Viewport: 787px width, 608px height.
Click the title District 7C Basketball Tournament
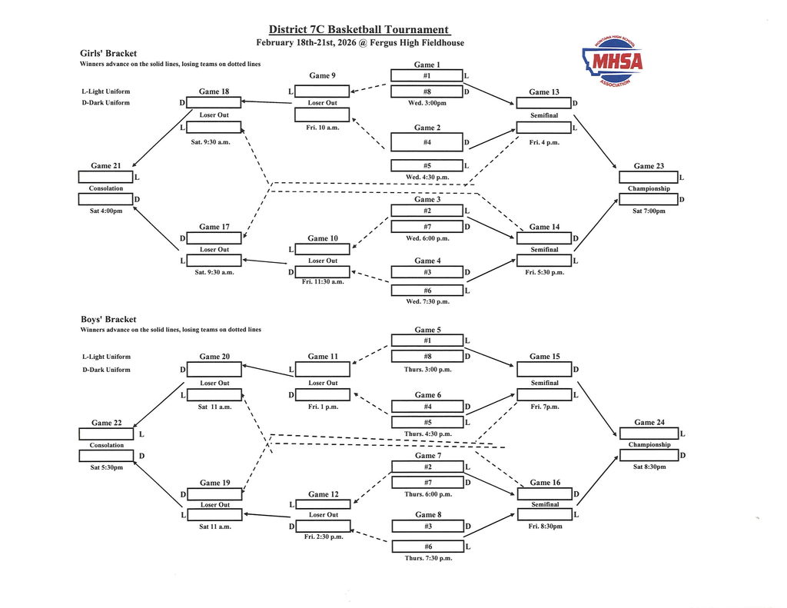(359, 29)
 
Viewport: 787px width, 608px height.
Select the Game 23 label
(649, 165)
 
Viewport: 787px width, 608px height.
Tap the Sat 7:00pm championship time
(649, 211)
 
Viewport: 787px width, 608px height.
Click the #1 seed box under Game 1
(427, 75)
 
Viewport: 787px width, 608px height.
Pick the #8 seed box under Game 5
(427, 356)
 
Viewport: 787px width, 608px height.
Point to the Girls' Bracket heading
(108, 54)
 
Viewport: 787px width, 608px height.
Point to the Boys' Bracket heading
(108, 319)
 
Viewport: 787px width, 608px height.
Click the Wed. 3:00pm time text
(427, 102)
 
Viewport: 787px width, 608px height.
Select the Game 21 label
(106, 165)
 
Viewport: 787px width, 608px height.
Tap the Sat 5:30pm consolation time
(106, 467)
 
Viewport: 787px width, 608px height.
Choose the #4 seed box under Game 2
(427, 142)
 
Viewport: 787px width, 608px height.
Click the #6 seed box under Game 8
(427, 546)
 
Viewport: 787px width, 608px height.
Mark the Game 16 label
(545, 483)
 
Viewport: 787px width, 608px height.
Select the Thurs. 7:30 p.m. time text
(428, 557)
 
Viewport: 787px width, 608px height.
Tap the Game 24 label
(649, 422)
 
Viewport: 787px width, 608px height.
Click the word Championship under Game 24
(649, 444)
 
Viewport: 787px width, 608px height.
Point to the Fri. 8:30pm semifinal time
(544, 527)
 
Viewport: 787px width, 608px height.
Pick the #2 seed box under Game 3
(427, 211)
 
